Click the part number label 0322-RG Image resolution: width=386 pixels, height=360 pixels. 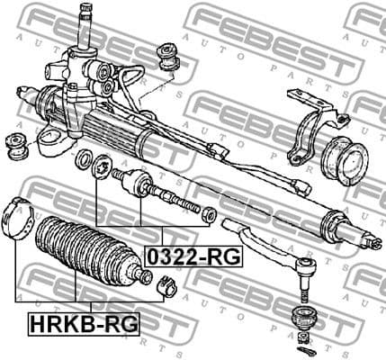point(194,256)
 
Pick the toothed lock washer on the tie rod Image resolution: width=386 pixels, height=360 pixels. point(102,167)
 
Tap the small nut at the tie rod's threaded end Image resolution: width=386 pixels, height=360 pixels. point(209,214)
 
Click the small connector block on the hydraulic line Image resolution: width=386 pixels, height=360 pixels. point(304,188)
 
